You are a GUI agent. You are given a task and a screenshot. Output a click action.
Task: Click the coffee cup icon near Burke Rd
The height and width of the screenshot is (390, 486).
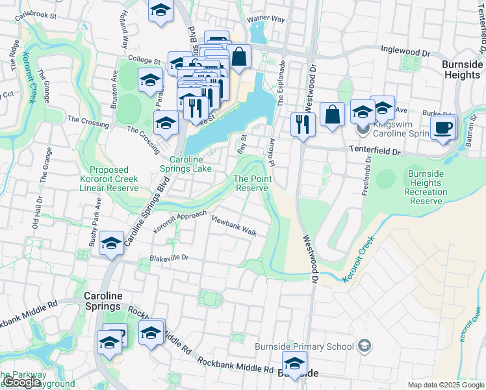(443, 128)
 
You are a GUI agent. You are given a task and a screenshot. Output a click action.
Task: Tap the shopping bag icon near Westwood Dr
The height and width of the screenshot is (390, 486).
(332, 115)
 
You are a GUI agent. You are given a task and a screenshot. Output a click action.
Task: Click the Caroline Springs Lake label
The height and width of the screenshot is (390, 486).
(190, 164)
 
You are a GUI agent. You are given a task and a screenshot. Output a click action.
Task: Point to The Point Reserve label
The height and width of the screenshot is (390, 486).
(251, 183)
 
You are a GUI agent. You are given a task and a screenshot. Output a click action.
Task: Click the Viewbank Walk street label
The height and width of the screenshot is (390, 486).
(234, 226)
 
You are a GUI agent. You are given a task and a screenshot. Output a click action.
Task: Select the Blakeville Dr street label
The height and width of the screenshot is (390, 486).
(168, 257)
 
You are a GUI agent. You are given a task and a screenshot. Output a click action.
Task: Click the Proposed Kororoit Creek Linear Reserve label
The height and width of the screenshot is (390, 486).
(109, 179)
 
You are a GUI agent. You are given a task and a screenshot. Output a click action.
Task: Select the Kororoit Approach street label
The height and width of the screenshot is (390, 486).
(179, 222)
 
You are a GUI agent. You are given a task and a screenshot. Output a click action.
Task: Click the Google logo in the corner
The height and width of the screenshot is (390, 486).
(21, 382)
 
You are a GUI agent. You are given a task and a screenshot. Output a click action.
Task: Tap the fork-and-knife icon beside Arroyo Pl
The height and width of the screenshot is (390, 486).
(302, 125)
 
